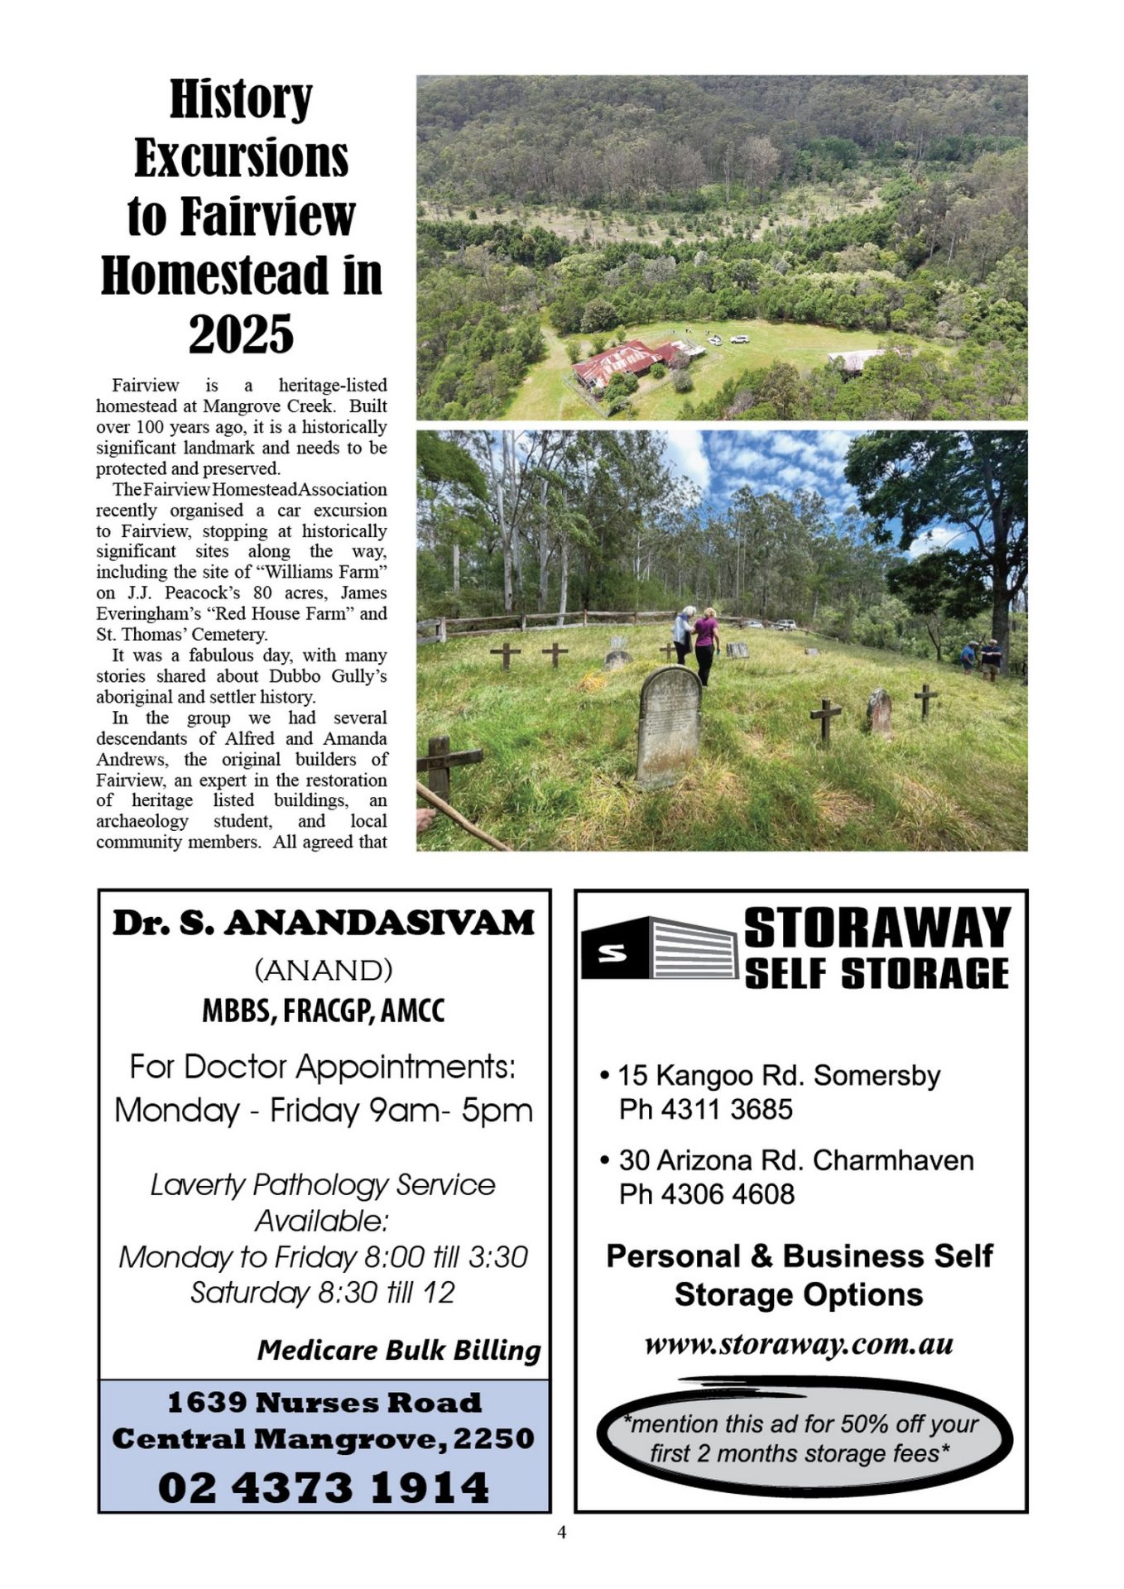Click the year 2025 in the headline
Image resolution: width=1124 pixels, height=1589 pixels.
point(241,334)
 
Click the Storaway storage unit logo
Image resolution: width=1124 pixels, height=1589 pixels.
point(659,948)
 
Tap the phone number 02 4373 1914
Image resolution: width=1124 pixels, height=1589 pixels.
point(324,1487)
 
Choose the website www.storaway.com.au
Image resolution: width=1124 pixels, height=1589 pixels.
point(799,1344)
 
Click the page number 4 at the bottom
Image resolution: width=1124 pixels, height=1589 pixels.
point(562,1533)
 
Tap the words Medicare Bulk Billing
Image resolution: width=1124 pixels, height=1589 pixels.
point(399,1351)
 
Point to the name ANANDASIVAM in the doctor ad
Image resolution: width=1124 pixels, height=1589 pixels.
point(379,923)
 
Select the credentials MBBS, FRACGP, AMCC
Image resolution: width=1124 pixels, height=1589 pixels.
point(324,1011)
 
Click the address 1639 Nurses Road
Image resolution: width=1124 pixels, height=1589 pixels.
point(324,1402)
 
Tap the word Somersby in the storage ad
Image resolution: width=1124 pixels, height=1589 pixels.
point(877,1075)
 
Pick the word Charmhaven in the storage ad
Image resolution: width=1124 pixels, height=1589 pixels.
point(893,1160)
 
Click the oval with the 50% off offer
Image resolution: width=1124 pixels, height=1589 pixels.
point(800,1440)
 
